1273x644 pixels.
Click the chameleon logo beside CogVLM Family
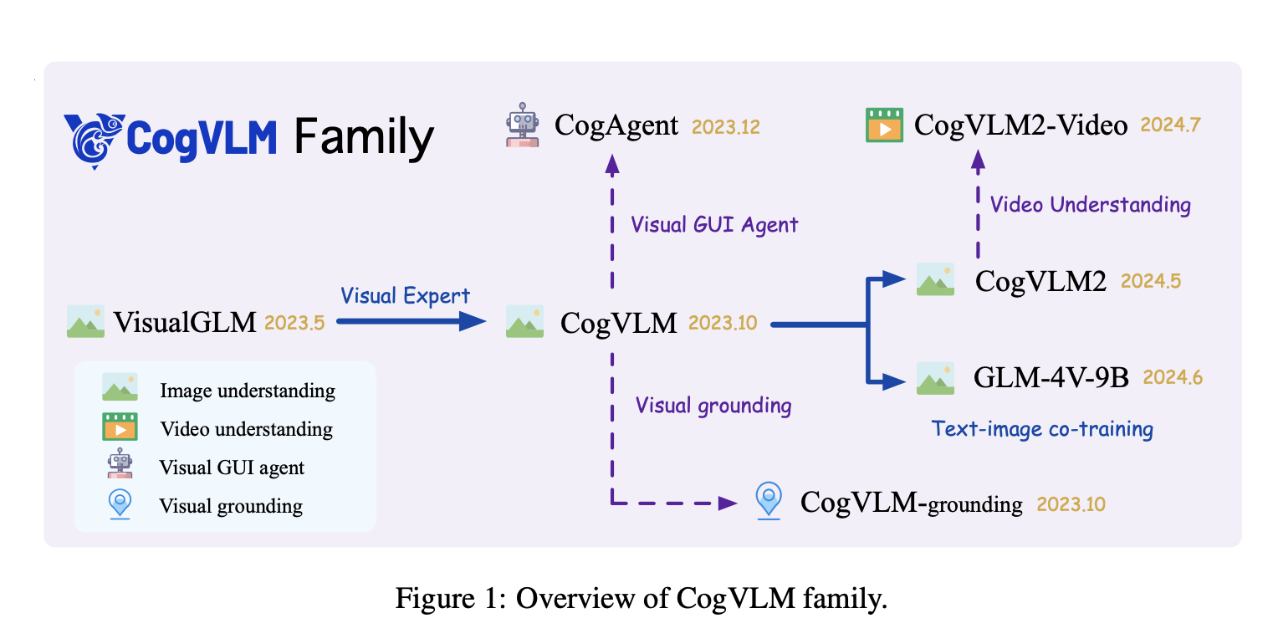(94, 138)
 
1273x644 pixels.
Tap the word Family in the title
(364, 137)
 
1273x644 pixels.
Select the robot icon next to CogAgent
(524, 125)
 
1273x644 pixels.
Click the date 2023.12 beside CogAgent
(726, 126)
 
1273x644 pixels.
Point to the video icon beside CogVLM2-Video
(884, 125)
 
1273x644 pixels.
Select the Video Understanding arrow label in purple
(1091, 204)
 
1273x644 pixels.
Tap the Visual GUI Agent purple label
(714, 224)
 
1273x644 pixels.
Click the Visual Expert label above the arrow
(406, 296)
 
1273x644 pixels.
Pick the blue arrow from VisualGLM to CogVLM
(410, 321)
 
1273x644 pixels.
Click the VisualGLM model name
(185, 322)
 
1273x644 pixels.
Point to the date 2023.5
(294, 322)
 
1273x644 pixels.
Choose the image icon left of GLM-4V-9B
(935, 378)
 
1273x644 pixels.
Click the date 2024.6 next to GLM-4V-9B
(1173, 378)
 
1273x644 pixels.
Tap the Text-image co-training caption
(1042, 429)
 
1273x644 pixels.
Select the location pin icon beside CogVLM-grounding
(768, 502)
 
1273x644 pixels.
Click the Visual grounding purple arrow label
(713, 406)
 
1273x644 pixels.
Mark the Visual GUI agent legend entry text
(232, 468)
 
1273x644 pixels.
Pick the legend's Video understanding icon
(120, 427)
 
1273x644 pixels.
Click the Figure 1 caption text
(641, 599)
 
